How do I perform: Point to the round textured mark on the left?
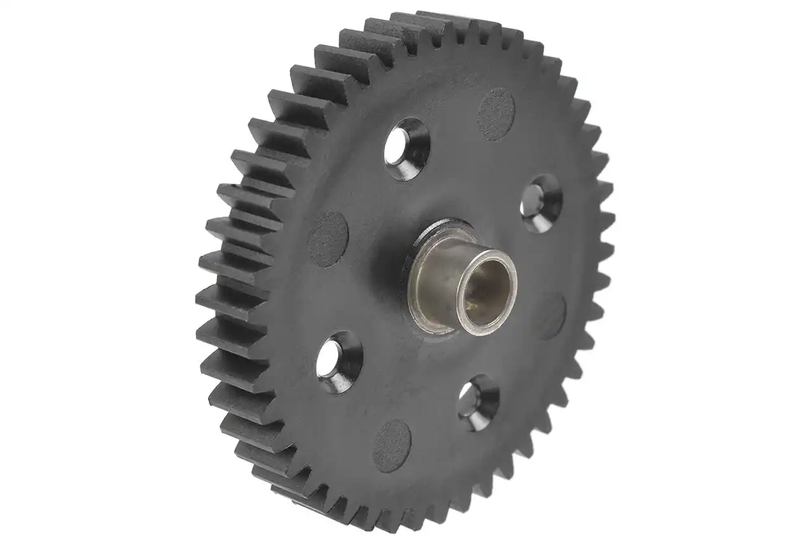click(328, 239)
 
